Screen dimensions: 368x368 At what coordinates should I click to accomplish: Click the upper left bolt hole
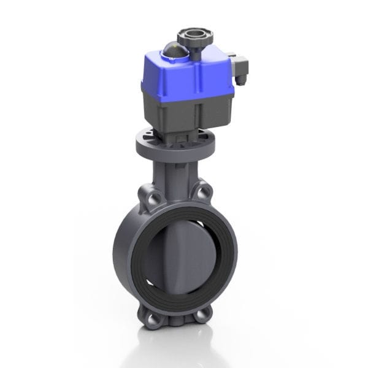point(151,197)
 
